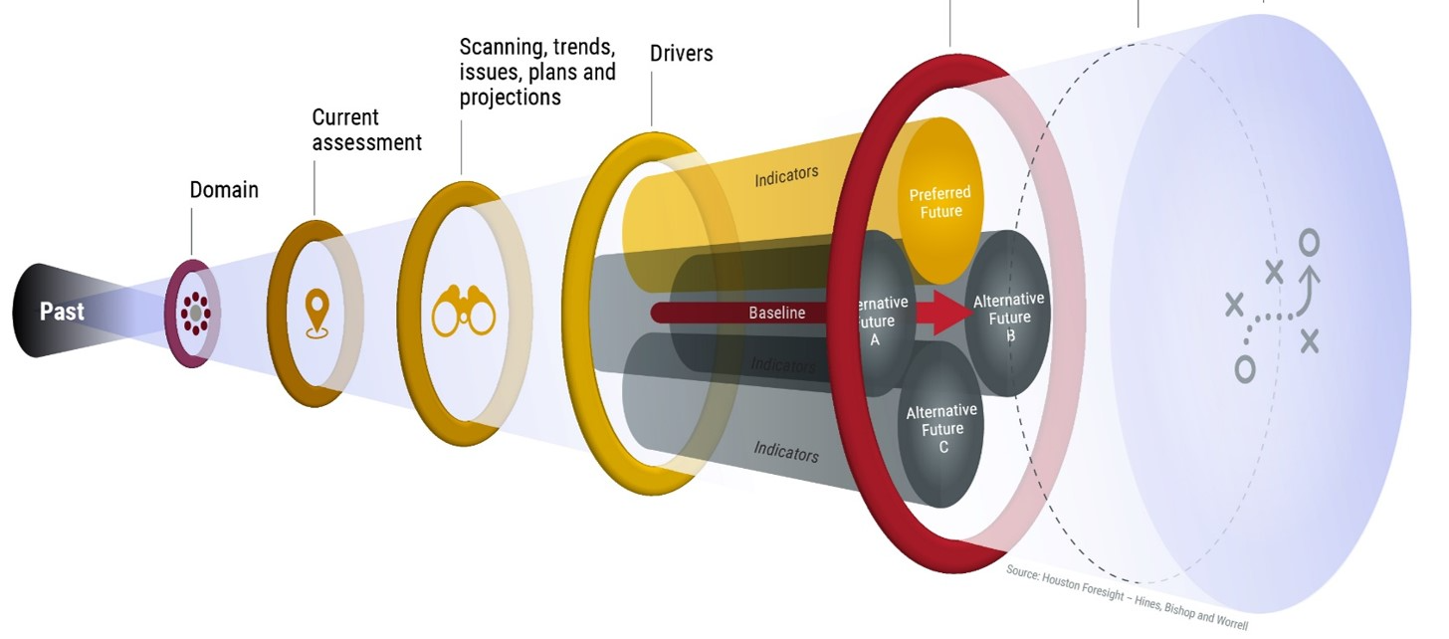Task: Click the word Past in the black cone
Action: pyautogui.click(x=62, y=312)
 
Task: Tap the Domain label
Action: pyautogui.click(x=224, y=189)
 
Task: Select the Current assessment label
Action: pyautogui.click(x=366, y=130)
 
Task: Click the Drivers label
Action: pyautogui.click(x=682, y=53)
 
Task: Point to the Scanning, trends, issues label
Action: pyautogui.click(x=537, y=72)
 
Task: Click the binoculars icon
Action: pyautogui.click(x=464, y=311)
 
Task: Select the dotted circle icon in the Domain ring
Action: pyautogui.click(x=195, y=314)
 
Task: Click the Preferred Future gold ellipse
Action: pyautogui.click(x=939, y=202)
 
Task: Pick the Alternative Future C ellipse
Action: pyautogui.click(x=941, y=428)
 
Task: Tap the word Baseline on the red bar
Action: pyautogui.click(x=776, y=313)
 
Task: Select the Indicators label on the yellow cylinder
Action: pyautogui.click(x=786, y=175)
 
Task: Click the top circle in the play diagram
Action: pyautogui.click(x=1310, y=242)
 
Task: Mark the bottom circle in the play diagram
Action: pyautogui.click(x=1244, y=368)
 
